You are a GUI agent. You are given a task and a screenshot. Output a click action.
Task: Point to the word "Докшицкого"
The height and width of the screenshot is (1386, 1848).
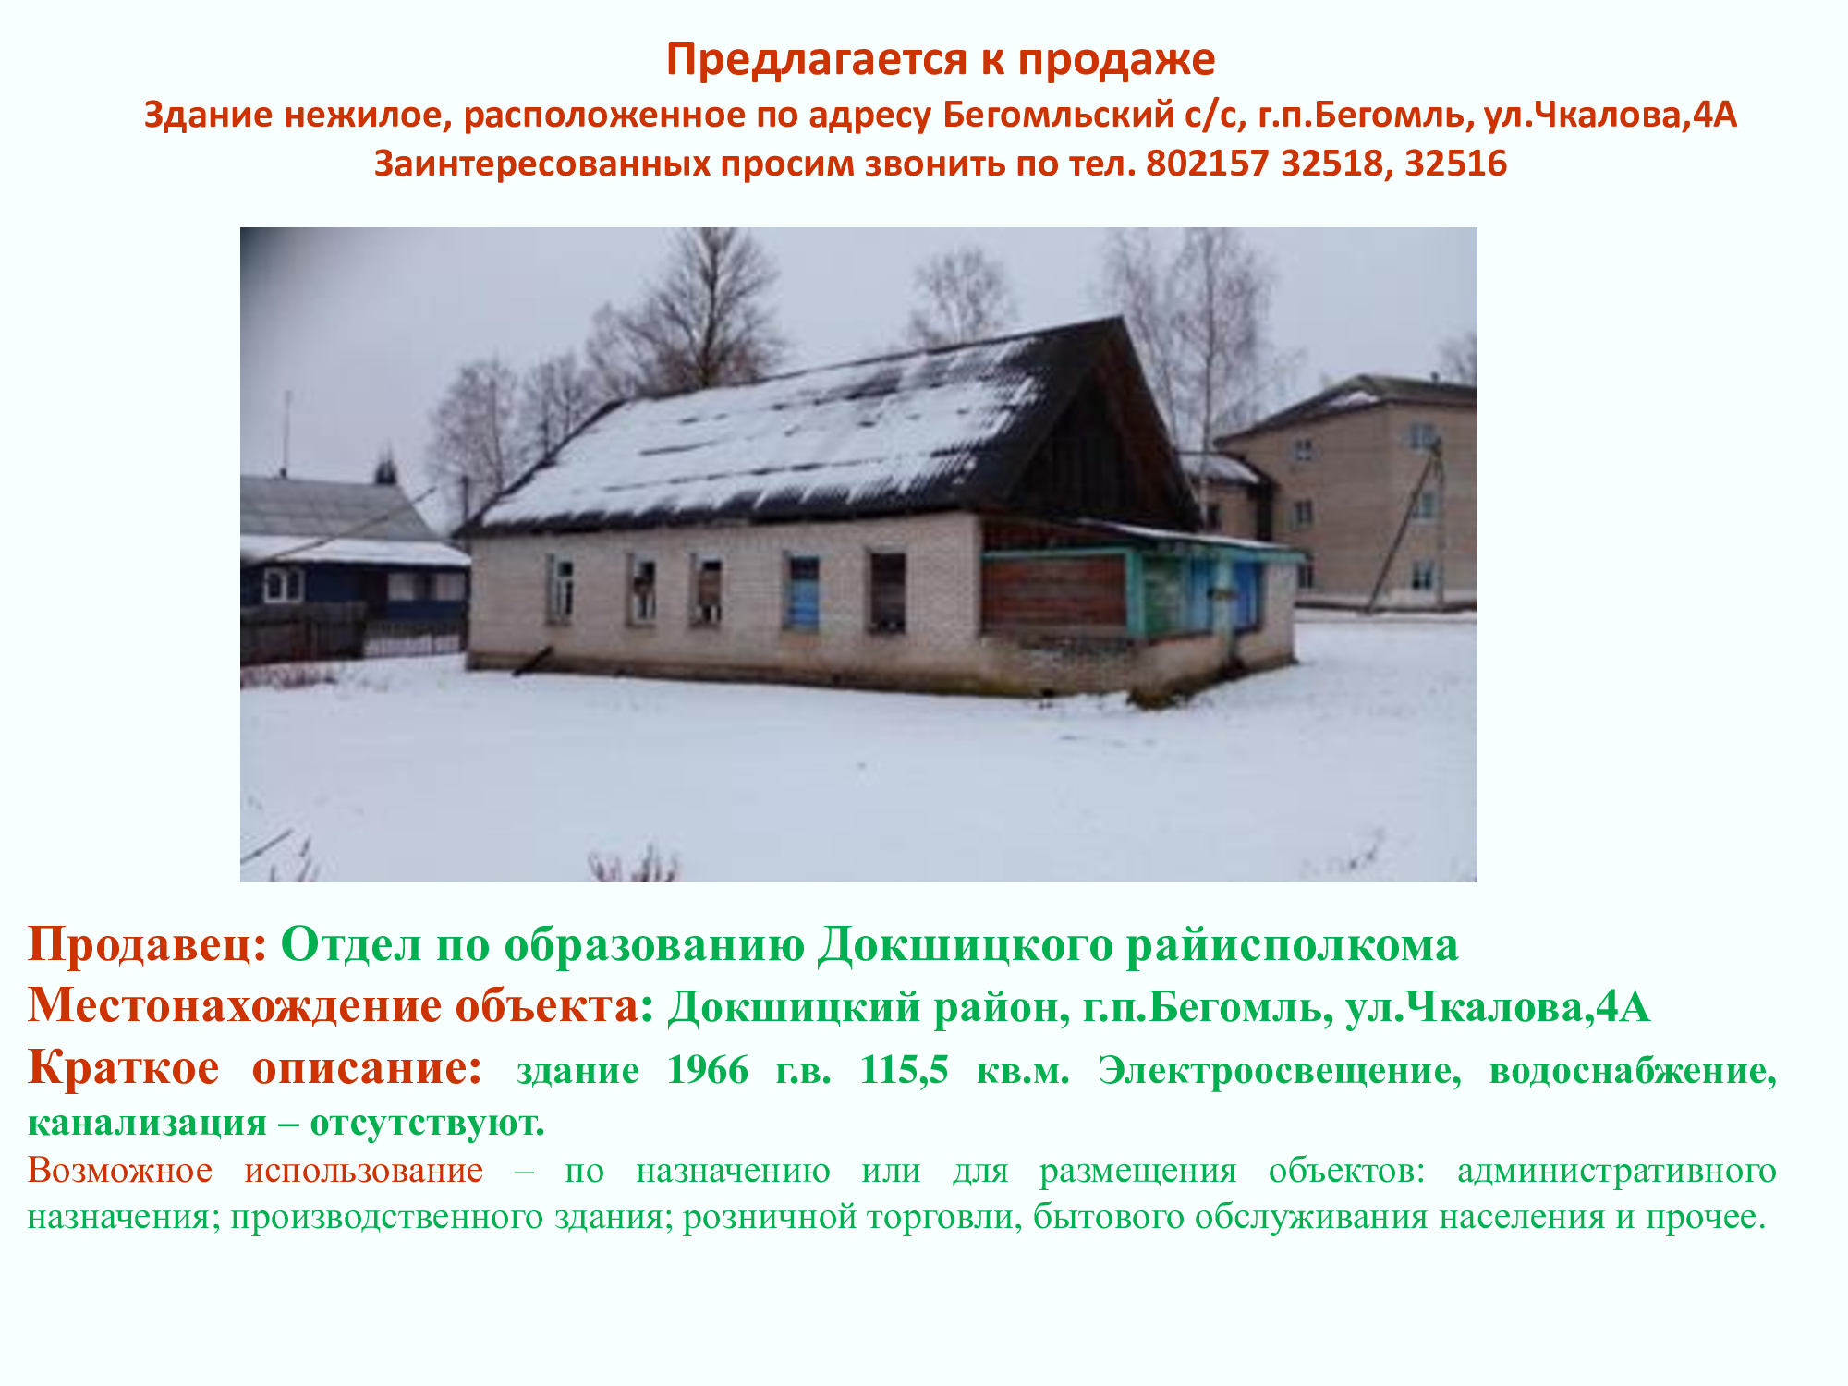click(x=965, y=944)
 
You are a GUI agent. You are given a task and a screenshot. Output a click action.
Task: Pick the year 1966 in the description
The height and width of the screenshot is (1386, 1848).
click(x=708, y=1070)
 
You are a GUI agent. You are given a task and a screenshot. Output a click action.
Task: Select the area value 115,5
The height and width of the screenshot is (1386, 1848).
click(x=904, y=1070)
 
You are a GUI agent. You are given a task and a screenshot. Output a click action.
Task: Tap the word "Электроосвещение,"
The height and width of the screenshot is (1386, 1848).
click(x=1280, y=1071)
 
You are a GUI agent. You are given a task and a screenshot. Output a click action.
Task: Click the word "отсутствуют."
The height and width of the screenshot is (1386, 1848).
click(x=427, y=1124)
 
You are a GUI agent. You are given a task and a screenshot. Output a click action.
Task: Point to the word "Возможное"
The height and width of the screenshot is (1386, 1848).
click(x=120, y=1171)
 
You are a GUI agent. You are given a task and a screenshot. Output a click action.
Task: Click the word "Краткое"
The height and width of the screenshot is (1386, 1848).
click(x=124, y=1068)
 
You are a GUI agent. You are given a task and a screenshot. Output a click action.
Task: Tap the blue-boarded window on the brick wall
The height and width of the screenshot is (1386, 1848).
click(x=802, y=593)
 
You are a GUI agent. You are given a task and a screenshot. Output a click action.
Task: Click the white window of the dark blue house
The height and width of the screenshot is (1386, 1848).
click(x=283, y=585)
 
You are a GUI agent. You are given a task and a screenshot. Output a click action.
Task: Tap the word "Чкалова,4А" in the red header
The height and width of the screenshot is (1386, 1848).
click(x=1610, y=115)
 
